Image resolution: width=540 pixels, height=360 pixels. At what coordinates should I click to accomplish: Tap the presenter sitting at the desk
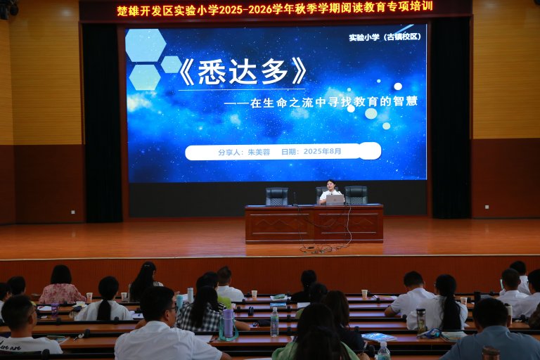click(x=330, y=191)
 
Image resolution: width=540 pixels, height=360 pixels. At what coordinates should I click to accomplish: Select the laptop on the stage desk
click(x=335, y=200)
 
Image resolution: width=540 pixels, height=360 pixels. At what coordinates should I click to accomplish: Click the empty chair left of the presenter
click(x=277, y=196)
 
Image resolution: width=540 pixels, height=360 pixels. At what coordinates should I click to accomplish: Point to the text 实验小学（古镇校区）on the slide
click(x=385, y=37)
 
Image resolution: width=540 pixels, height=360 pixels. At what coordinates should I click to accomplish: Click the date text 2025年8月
click(x=322, y=151)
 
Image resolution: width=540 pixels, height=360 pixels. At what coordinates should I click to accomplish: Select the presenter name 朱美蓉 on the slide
click(x=259, y=152)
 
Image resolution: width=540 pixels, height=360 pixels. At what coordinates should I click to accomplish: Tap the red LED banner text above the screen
click(x=274, y=8)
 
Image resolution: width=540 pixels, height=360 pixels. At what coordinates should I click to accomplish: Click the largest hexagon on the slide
click(x=146, y=45)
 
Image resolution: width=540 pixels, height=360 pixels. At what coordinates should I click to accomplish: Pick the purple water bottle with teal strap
click(x=228, y=324)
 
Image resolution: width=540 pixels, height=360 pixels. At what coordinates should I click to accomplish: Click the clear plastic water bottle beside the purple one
click(x=274, y=322)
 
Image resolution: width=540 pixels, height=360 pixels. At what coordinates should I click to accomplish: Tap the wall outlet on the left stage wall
click(x=73, y=212)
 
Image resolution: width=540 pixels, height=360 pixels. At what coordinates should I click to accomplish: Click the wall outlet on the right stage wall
click(x=487, y=207)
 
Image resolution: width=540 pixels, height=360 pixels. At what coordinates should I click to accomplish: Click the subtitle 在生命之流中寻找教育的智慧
click(x=333, y=102)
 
